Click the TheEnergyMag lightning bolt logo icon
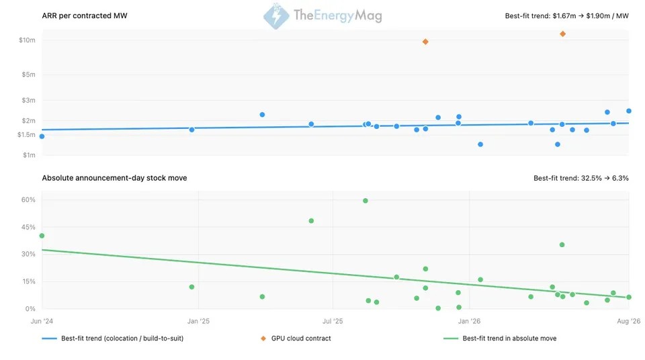276,16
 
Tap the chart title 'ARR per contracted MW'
85,15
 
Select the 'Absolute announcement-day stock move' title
114,178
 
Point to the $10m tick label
27,40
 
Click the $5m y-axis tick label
28,75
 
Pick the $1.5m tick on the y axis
26,134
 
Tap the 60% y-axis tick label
28,200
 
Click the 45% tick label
28,227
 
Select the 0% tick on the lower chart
30,308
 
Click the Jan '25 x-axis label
198,321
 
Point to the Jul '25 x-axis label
333,321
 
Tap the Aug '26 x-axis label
629,321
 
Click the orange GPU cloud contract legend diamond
263,339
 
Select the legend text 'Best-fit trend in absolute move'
509,339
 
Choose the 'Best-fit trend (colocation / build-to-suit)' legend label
122,339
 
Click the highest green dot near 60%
365,201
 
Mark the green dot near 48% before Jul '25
311,221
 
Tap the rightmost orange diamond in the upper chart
562,34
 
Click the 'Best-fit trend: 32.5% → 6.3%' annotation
580,178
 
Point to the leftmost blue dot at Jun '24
42,136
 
